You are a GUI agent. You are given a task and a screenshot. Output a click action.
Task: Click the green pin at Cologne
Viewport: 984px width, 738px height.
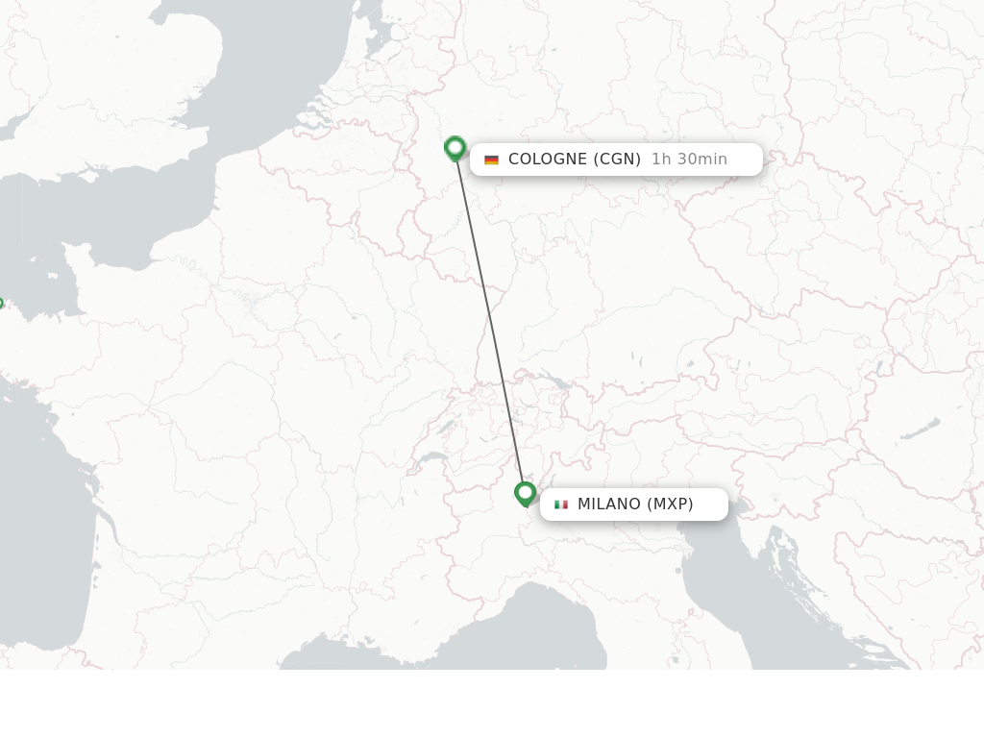(455, 149)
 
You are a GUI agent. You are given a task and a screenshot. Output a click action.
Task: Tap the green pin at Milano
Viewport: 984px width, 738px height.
(525, 494)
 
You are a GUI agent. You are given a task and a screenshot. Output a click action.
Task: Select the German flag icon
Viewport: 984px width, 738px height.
(491, 160)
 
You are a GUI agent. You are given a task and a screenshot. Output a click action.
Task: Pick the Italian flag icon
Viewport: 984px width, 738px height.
(561, 504)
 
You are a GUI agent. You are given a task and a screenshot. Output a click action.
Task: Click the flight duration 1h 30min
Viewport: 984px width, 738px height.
(689, 160)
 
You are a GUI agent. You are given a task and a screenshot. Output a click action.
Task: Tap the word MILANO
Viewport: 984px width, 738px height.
(608, 504)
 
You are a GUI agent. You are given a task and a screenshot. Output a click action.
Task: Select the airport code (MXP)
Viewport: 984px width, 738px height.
(670, 504)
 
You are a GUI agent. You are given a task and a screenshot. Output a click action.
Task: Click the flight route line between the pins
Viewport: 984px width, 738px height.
(490, 322)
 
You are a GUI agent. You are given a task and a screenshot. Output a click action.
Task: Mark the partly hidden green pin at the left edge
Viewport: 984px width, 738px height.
(1, 305)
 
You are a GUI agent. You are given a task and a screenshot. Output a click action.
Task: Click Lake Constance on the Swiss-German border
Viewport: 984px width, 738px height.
(555, 381)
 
